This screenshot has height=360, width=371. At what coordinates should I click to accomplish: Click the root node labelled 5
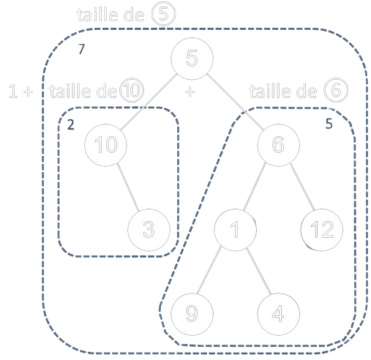191,61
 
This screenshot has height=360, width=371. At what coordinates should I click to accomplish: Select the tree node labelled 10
105,145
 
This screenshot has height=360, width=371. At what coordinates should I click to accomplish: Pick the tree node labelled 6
277,145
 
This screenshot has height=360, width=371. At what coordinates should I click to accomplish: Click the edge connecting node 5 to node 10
148,102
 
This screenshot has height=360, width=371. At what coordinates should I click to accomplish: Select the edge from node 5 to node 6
234,102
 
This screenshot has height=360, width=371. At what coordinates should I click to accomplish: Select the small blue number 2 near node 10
70,124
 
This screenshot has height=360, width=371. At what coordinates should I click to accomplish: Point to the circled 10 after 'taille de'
134,91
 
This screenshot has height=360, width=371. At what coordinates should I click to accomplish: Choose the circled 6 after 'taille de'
335,91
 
